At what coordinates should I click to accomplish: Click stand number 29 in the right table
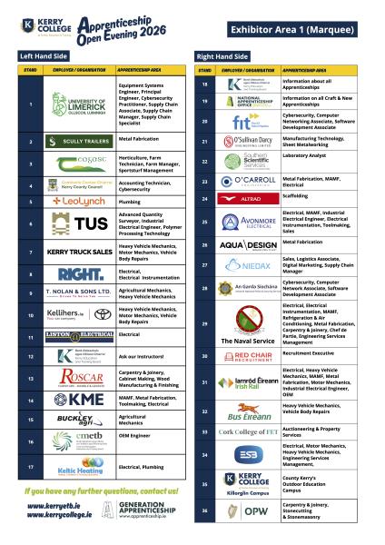pos(205,322)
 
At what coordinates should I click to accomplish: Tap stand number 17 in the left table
pos(31,468)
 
